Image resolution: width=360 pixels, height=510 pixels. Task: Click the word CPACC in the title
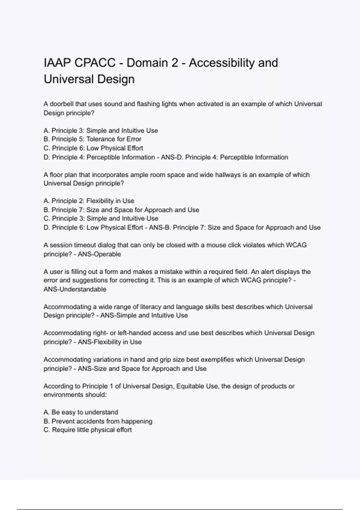[x=95, y=63]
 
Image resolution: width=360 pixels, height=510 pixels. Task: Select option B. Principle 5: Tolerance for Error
[x=92, y=139]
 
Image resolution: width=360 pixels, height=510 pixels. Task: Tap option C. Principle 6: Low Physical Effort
[x=93, y=148]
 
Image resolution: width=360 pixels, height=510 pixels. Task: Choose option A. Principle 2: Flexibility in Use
[x=89, y=201]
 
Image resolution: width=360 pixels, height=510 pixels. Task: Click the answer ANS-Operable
[x=99, y=254]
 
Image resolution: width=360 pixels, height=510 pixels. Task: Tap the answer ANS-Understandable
[x=75, y=289]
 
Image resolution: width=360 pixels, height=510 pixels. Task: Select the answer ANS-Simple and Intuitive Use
[x=144, y=316]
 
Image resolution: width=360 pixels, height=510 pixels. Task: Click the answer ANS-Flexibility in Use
[x=109, y=342]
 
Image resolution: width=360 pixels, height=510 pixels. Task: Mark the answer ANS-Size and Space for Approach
[x=142, y=369]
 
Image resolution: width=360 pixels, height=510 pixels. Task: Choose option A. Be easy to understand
[x=81, y=412]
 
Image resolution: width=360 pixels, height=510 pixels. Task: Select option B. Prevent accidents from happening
[x=98, y=421]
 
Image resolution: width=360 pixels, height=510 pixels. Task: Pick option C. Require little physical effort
[x=88, y=430]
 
